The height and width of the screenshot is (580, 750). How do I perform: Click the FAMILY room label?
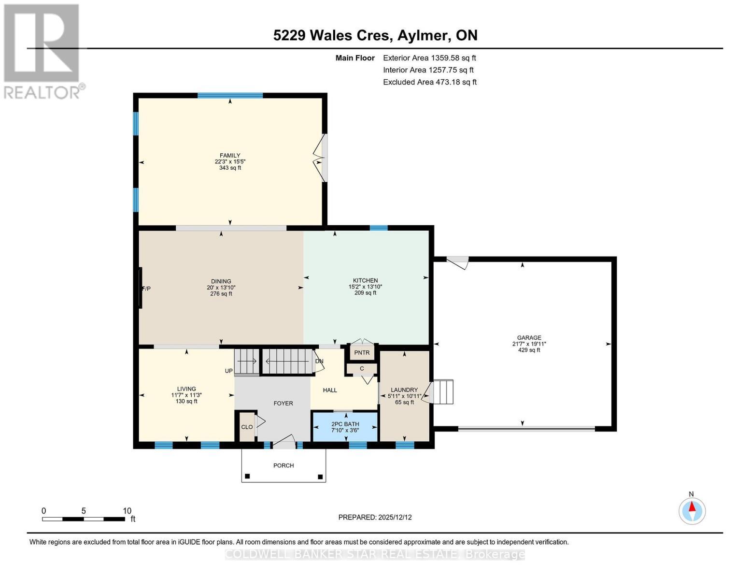(x=230, y=156)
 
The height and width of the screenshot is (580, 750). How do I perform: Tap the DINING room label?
(x=221, y=281)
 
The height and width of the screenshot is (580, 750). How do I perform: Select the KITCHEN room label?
(x=365, y=280)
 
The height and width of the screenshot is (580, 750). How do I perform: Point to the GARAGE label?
(x=529, y=338)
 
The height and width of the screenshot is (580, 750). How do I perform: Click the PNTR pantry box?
(x=362, y=352)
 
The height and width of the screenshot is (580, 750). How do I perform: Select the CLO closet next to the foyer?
(x=247, y=427)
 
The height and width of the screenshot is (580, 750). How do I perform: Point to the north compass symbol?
(x=692, y=510)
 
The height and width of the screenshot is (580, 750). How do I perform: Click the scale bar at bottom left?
(x=84, y=519)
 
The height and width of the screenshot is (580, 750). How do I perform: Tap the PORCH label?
(x=283, y=465)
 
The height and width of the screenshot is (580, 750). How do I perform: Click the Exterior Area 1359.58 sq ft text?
(x=429, y=58)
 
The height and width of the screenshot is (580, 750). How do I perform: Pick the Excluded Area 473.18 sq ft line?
(x=429, y=82)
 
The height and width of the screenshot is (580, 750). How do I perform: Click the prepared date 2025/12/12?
(x=375, y=517)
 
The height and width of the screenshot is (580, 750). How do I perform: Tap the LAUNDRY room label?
(x=404, y=390)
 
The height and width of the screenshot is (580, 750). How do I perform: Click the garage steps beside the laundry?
(x=443, y=392)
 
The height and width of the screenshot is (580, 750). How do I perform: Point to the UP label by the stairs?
(x=228, y=371)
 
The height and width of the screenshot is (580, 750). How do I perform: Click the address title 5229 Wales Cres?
(x=375, y=35)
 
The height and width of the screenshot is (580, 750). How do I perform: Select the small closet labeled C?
(x=362, y=369)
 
